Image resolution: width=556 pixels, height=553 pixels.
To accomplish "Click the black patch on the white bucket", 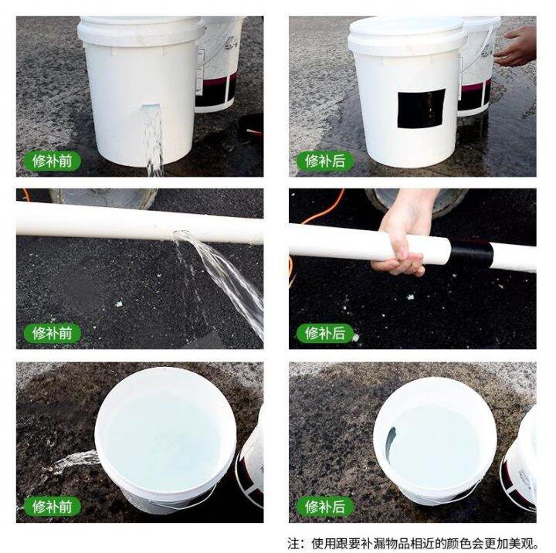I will click(422, 108).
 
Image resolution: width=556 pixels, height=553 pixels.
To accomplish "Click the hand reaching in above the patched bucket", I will click(517, 47).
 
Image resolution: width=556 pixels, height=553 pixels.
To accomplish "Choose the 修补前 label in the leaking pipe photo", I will click(52, 334).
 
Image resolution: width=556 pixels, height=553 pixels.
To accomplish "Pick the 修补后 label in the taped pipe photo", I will click(324, 334).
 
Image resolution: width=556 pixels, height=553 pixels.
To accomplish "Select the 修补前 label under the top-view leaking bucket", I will click(52, 507).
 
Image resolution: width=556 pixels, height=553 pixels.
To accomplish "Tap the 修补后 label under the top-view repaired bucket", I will click(324, 507).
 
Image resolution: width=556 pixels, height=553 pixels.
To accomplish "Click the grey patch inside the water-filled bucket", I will click(390, 443).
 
